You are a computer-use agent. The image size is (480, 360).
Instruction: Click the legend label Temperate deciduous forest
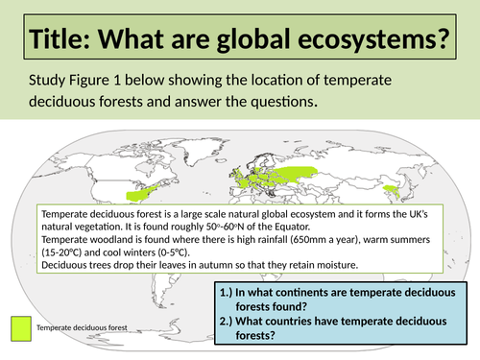[82, 328]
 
